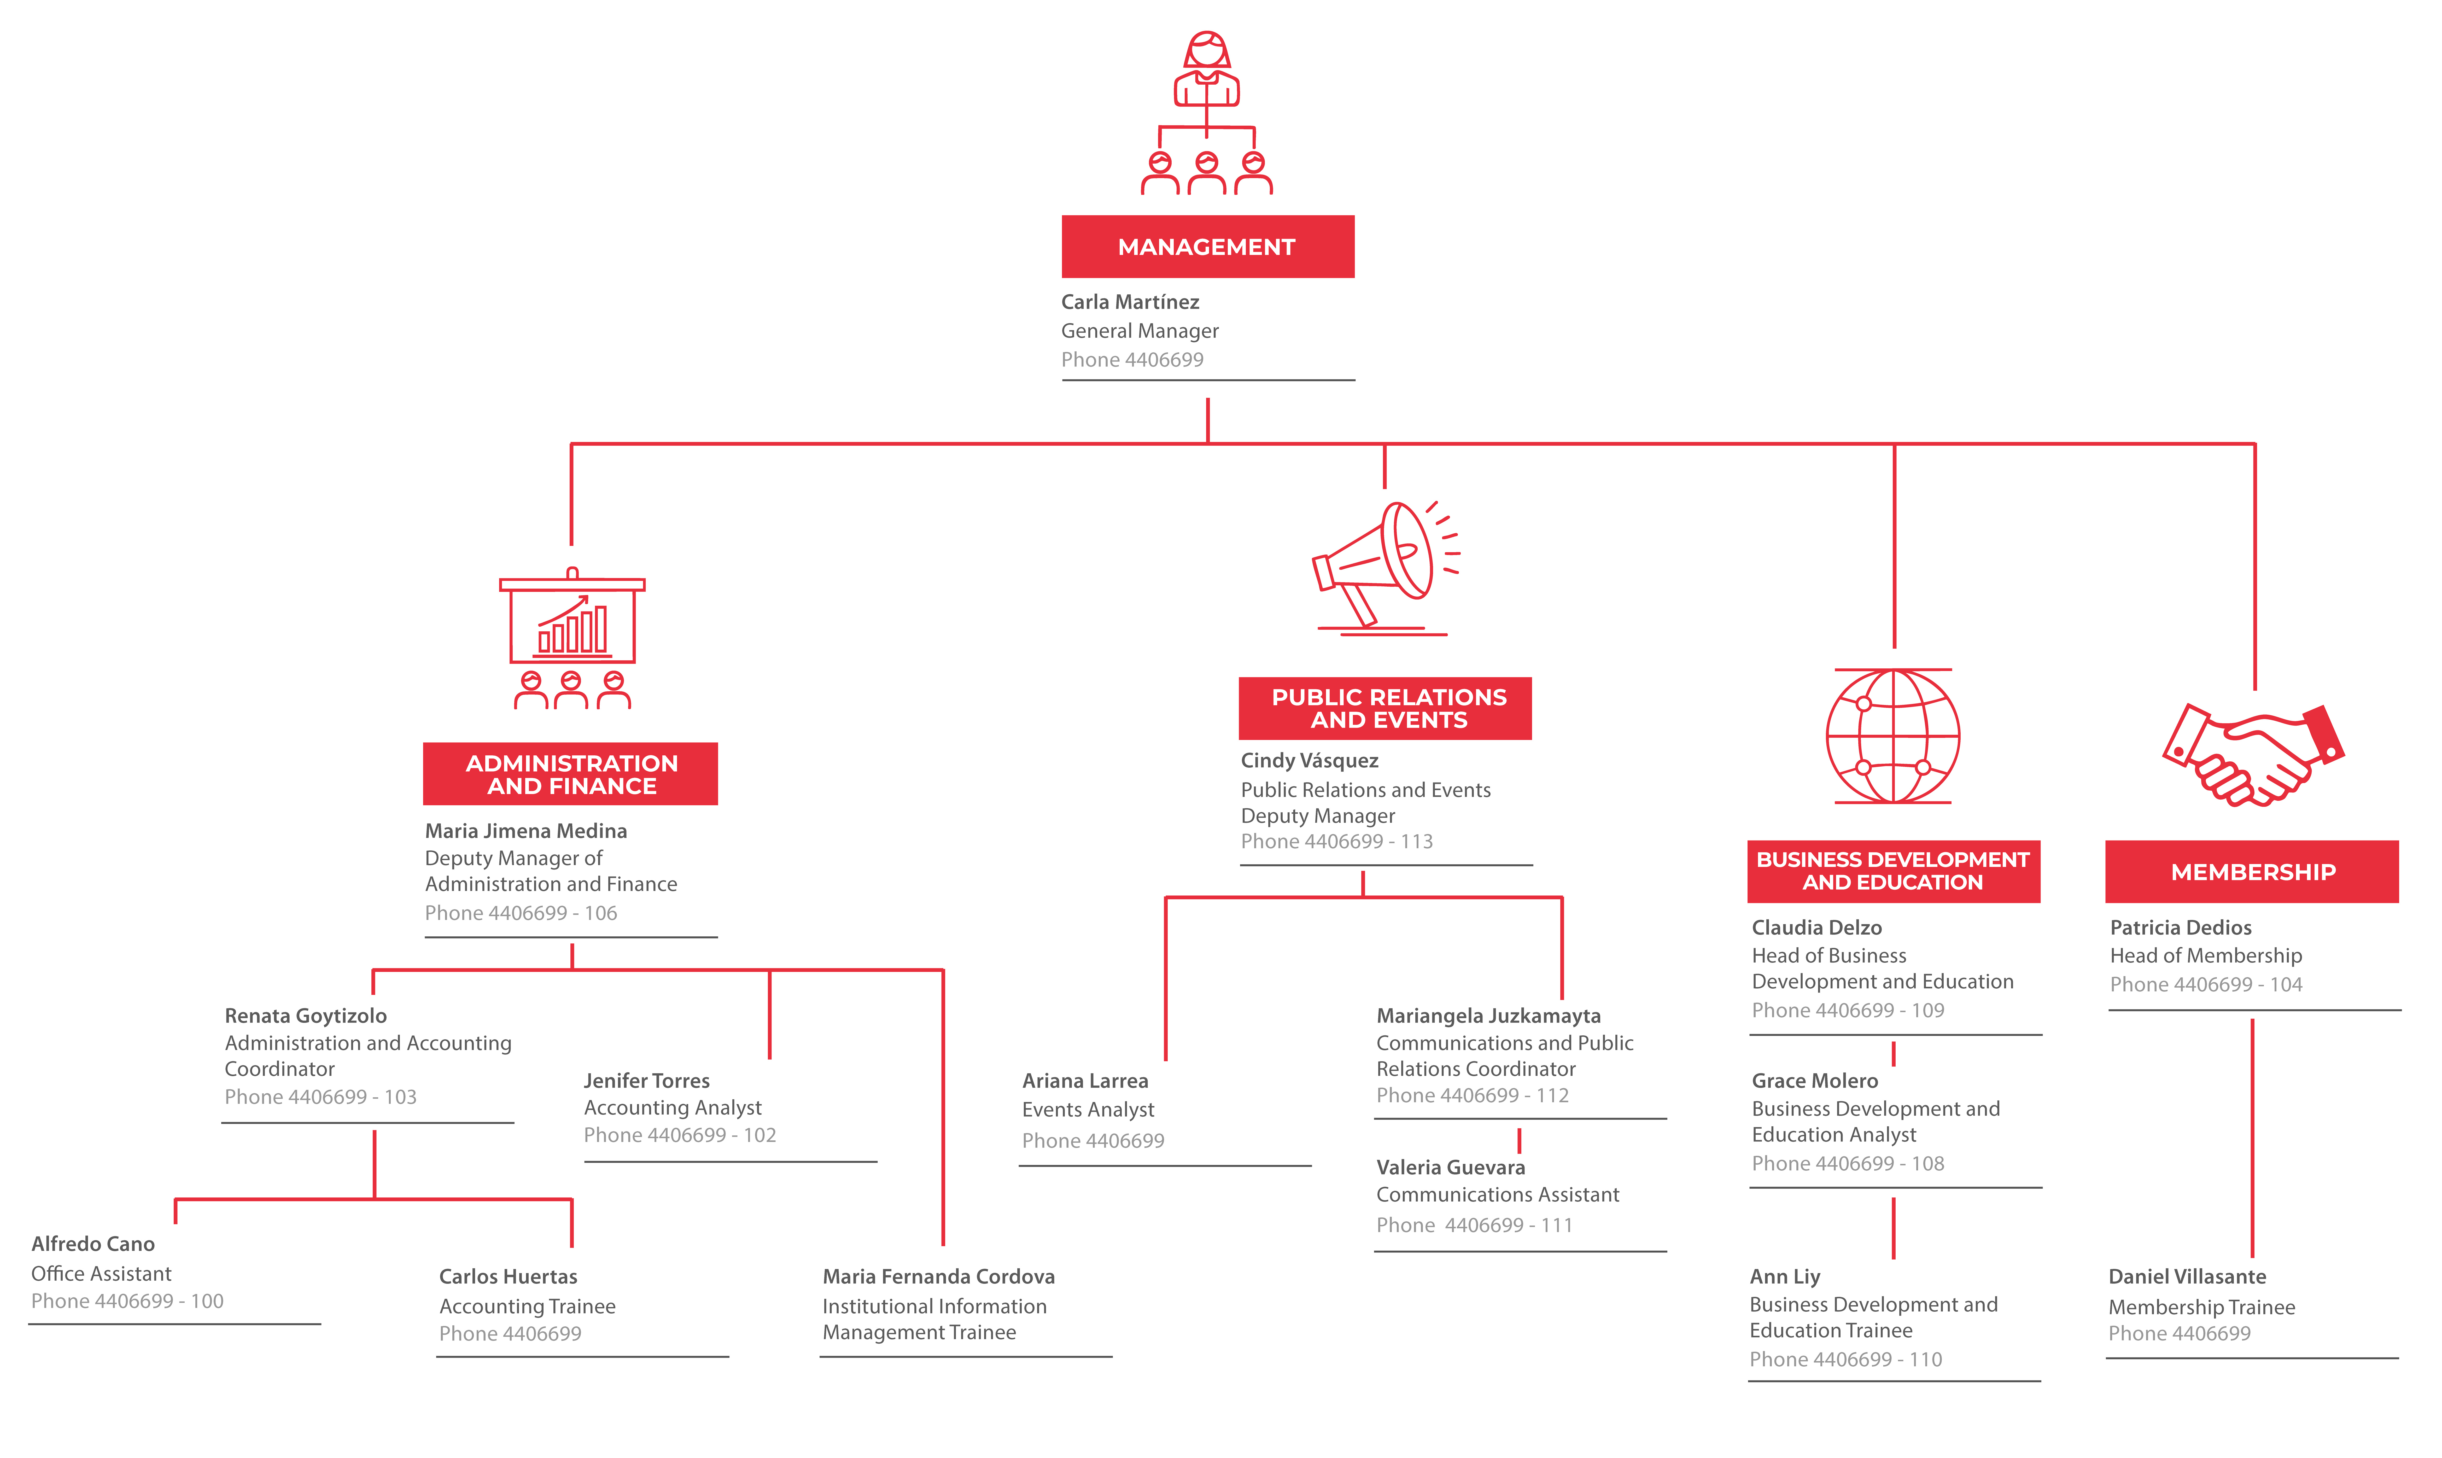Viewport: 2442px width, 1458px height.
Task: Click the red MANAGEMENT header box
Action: click(x=1207, y=247)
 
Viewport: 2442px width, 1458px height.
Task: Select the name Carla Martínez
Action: click(x=1130, y=302)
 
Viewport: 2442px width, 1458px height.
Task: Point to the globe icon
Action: click(x=1893, y=736)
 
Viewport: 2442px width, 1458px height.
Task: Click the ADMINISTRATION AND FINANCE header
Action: click(x=571, y=774)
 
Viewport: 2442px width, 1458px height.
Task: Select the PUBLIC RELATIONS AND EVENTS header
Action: click(x=1385, y=708)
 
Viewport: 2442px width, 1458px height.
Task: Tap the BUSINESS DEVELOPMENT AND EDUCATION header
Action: click(x=1894, y=871)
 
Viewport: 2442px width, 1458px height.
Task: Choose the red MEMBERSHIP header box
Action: click(x=2252, y=871)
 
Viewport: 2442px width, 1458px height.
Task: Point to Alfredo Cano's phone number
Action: click(x=128, y=1301)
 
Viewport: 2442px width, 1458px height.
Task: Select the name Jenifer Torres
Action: click(x=646, y=1081)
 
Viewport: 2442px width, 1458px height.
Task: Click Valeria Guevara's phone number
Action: click(x=1474, y=1225)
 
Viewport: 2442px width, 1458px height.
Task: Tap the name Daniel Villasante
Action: click(x=2188, y=1276)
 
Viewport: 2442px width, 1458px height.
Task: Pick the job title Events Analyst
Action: click(x=1088, y=1109)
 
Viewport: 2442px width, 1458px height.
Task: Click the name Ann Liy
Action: click(x=1785, y=1276)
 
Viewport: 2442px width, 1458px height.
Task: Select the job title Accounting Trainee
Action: click(x=528, y=1306)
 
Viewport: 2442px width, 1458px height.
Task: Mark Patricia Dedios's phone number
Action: click(x=2206, y=984)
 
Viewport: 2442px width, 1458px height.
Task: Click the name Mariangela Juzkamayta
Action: click(x=1488, y=1016)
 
